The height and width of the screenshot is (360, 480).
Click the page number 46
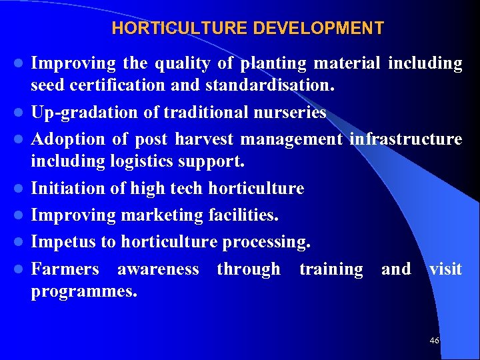[435, 341]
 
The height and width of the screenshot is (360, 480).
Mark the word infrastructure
[405, 139]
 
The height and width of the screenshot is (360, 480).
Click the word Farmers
[65, 269]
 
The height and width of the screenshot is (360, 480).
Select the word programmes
[84, 291]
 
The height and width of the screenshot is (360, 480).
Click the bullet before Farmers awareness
[21, 269]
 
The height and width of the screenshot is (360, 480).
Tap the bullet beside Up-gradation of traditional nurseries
[21, 113]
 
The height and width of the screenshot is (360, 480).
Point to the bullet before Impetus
[21, 242]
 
